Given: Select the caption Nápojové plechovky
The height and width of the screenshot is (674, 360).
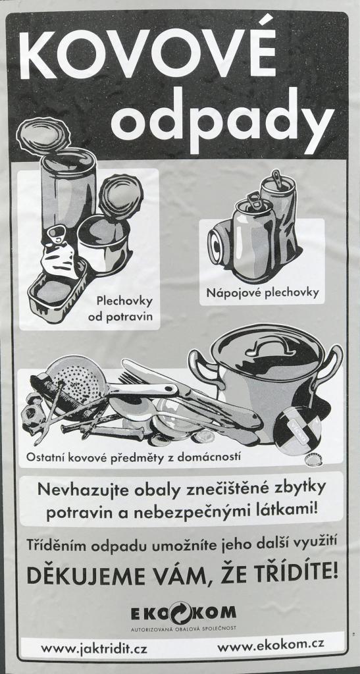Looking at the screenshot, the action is tap(263, 293).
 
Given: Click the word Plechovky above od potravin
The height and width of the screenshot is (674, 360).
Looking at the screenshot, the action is tap(124, 300).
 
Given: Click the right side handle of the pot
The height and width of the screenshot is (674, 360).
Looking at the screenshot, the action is tap(332, 366).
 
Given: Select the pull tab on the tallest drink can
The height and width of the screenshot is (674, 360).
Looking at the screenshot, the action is tap(276, 179).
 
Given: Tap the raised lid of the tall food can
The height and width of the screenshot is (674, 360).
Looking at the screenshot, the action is tap(43, 136).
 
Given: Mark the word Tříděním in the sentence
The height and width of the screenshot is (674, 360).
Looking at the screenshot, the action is tap(55, 545).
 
